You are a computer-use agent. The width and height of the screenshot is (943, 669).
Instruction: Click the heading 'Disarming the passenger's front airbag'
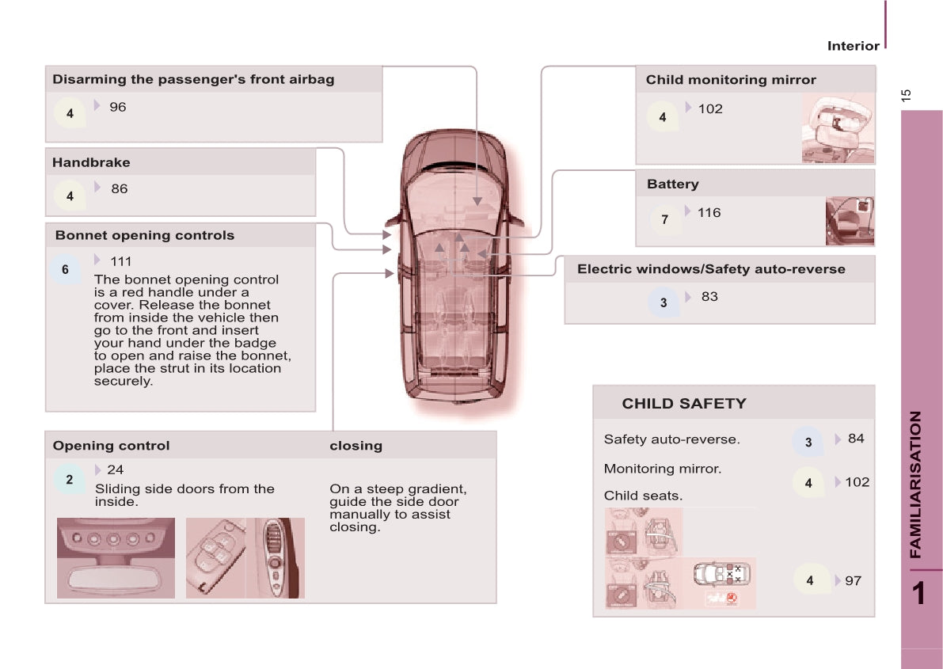tap(193, 79)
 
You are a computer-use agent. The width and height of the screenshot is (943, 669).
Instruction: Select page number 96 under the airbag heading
tap(118, 107)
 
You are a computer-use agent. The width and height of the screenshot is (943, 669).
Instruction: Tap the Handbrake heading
tap(91, 162)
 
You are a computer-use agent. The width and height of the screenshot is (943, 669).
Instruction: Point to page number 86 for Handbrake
tap(119, 189)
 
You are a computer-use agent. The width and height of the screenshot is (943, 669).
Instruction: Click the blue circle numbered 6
tap(65, 269)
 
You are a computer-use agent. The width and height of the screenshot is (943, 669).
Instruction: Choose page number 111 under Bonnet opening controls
tap(121, 262)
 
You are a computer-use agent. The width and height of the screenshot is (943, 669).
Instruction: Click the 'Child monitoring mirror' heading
tap(731, 80)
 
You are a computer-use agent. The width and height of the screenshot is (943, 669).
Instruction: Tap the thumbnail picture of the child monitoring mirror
tap(838, 128)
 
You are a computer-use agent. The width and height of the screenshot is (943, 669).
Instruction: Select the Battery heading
tap(672, 184)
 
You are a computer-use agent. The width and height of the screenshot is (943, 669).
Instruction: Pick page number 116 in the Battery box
tap(709, 213)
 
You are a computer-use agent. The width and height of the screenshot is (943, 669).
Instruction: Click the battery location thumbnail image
tap(850, 221)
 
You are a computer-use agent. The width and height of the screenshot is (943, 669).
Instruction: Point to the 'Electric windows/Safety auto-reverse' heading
tap(711, 269)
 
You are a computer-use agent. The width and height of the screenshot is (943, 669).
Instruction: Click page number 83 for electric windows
tap(709, 297)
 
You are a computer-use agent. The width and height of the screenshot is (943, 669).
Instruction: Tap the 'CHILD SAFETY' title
tap(684, 404)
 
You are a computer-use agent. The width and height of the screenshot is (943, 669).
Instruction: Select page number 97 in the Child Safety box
tap(853, 580)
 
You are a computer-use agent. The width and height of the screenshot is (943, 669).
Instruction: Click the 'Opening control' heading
tap(112, 446)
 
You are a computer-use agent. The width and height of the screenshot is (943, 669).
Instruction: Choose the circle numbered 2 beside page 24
tap(69, 480)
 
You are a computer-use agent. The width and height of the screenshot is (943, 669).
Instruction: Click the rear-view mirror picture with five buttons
tap(116, 558)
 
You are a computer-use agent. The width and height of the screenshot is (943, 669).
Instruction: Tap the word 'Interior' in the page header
tap(853, 46)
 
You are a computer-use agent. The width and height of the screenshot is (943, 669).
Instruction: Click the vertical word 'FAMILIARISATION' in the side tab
tap(915, 485)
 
